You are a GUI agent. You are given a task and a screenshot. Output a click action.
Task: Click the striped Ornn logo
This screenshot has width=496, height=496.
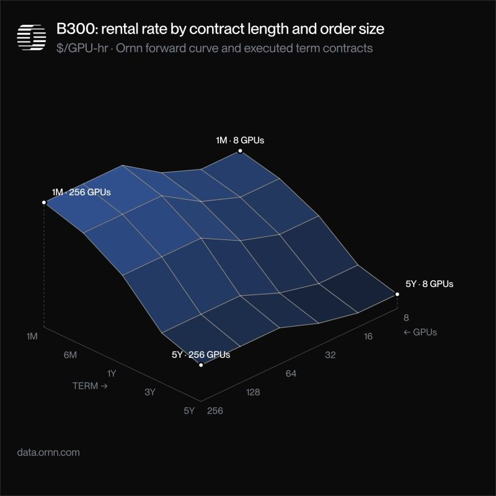coord(32,37)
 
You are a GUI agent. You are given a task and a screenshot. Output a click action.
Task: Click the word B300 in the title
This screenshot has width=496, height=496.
coord(75,29)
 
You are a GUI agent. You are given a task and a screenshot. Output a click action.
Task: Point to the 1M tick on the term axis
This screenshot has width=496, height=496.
coord(32,336)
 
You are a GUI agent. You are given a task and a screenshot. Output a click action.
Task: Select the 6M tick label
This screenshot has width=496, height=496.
coord(70,355)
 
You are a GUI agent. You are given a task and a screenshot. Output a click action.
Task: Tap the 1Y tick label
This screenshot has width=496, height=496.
coord(112,374)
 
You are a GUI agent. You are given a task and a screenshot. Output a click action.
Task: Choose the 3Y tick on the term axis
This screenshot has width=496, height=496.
coord(150,392)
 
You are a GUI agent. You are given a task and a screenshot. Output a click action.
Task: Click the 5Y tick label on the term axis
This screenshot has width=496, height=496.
coord(189,410)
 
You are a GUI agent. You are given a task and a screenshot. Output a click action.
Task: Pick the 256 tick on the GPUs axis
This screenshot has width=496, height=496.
coord(215,410)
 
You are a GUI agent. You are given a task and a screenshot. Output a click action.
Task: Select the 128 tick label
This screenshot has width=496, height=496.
coord(253,392)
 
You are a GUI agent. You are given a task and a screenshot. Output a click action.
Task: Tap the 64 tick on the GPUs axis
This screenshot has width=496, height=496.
coord(291,374)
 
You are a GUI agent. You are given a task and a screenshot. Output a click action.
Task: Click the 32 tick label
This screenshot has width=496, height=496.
coord(330,355)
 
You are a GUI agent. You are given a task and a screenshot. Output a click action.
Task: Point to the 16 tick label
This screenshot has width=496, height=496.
coord(368,336)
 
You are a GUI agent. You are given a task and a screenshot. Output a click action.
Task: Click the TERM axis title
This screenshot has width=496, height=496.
coord(90,386)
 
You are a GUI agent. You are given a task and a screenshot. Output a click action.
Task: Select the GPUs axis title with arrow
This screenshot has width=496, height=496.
coord(420,332)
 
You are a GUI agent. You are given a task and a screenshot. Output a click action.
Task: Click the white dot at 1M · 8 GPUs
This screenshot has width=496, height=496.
coord(240,151)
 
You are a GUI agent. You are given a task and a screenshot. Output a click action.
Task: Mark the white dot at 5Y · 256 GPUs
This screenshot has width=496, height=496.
coord(201,365)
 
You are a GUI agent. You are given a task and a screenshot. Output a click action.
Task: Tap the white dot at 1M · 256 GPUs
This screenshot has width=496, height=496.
coord(44,203)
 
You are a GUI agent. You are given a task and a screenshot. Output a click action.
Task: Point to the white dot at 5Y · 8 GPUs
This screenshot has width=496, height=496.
coord(397,294)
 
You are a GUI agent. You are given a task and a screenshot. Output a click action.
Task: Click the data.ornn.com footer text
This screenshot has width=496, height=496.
coord(48,453)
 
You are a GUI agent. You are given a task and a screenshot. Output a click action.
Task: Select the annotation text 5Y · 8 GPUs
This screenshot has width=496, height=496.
coord(429,284)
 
